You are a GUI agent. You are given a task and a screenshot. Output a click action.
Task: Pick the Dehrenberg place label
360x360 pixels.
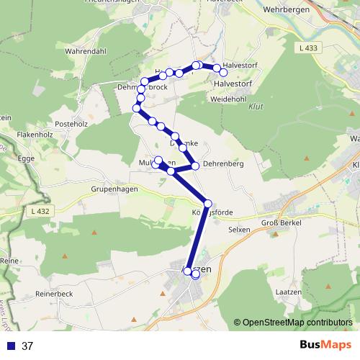(223, 164)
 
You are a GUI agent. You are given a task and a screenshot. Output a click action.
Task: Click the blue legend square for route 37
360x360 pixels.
(10, 346)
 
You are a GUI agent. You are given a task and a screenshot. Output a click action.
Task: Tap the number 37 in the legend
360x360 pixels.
(28, 346)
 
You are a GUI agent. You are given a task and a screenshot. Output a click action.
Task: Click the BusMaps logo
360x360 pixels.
(323, 346)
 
